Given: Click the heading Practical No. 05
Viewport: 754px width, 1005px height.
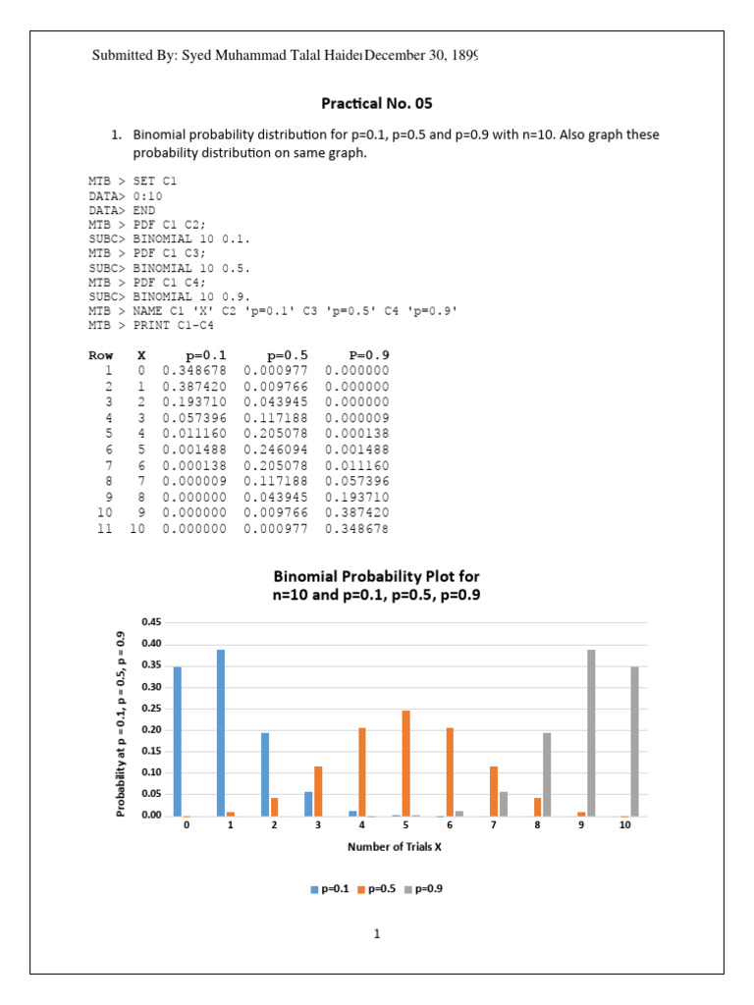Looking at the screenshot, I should (x=377, y=103).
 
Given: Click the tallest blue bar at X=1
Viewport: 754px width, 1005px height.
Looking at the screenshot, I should (x=222, y=732).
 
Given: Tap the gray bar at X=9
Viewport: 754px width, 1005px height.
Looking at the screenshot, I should (x=591, y=732).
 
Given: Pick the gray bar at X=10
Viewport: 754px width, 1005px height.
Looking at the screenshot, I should (x=634, y=741).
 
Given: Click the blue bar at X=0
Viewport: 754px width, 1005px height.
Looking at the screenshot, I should (x=178, y=741).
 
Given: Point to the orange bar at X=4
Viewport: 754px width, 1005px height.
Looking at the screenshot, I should (x=362, y=771).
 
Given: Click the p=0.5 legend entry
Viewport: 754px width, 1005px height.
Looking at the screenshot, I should (x=376, y=889).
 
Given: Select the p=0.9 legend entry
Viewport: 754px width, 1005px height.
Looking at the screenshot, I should (x=423, y=889).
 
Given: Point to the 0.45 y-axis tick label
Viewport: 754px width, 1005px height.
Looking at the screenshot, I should (x=151, y=622).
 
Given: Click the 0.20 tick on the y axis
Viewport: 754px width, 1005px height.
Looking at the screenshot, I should (x=151, y=729).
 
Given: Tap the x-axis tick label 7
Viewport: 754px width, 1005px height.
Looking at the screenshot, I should (x=493, y=826).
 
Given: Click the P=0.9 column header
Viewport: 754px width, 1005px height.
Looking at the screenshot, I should (x=368, y=355).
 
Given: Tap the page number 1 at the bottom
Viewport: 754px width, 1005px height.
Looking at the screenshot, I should (x=376, y=933).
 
